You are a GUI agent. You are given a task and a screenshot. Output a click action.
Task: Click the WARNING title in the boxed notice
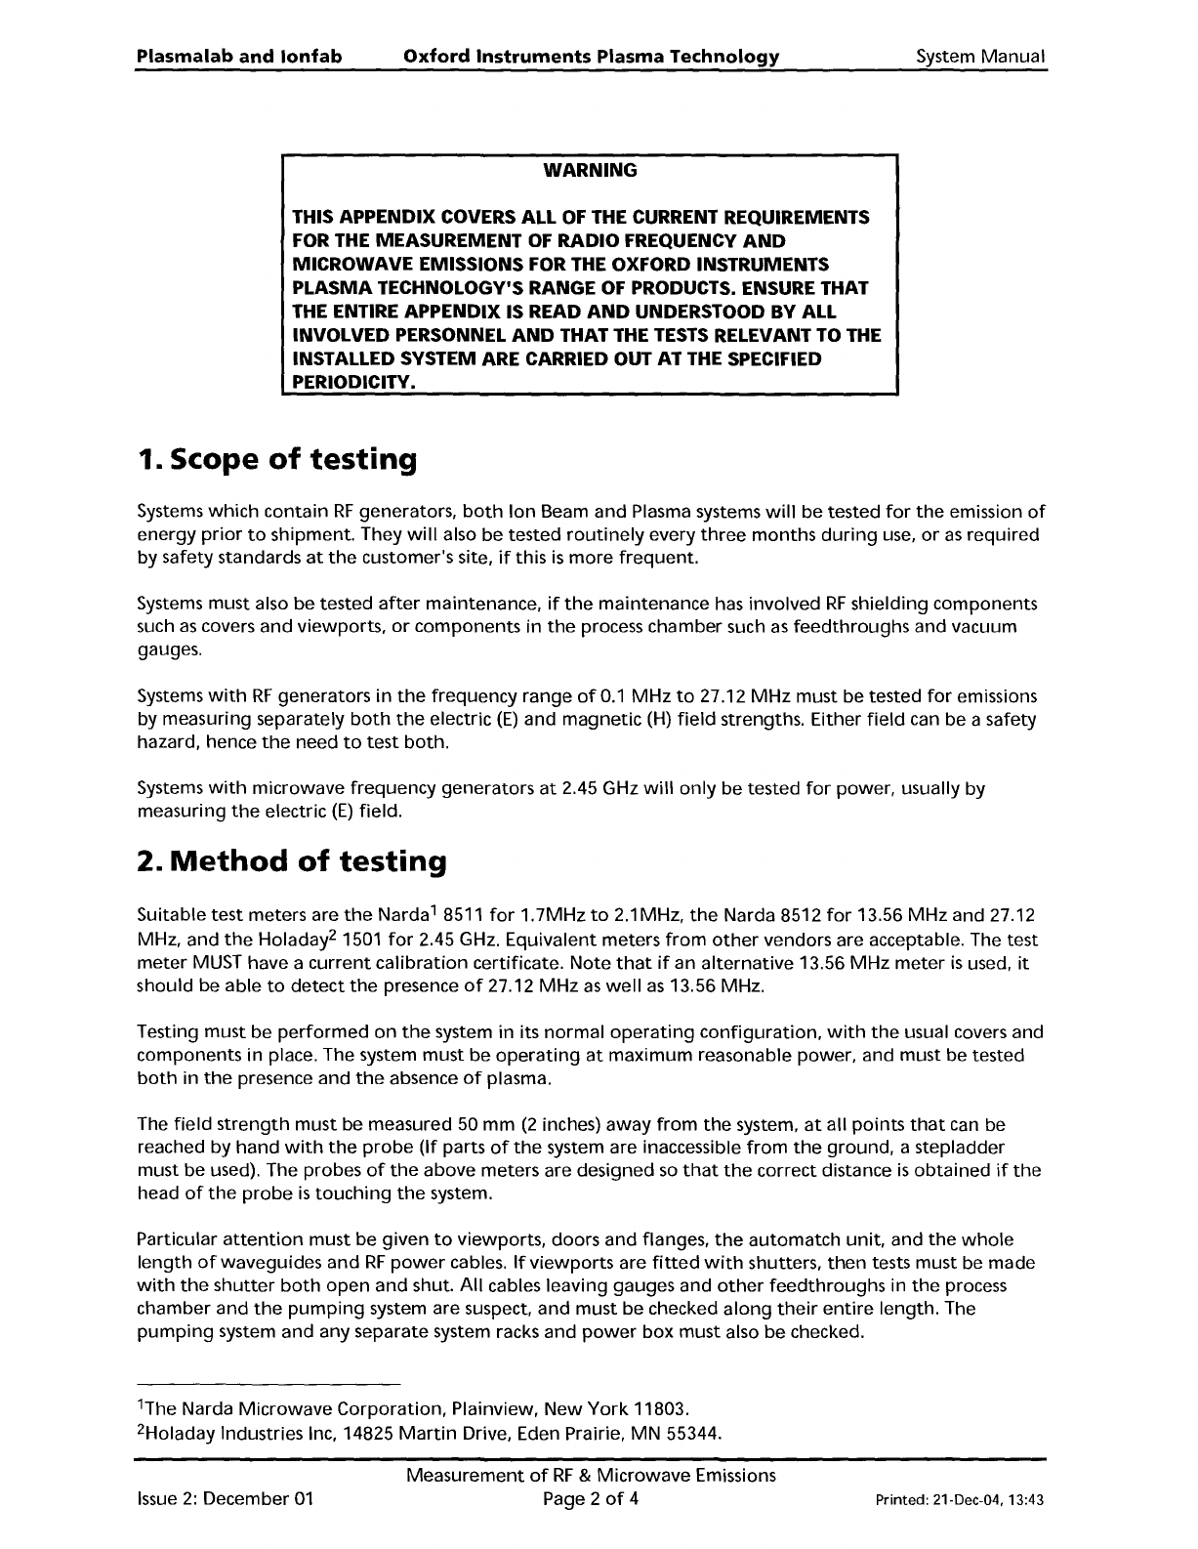590,171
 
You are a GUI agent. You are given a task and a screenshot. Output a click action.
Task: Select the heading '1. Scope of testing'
277,459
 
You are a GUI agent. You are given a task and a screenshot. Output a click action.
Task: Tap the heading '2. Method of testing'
292,861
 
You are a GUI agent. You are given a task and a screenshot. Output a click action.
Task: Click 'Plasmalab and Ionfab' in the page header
239,57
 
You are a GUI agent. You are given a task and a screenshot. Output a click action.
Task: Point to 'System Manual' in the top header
980,57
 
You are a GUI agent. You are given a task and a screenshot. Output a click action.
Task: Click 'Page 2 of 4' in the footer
591,1499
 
